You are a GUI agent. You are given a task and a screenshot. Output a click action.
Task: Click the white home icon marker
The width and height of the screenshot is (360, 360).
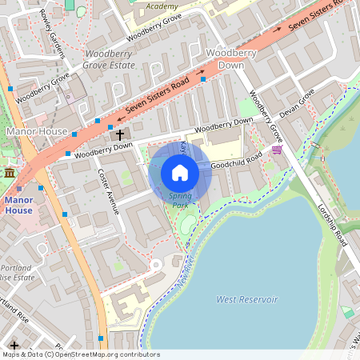click(x=180, y=173)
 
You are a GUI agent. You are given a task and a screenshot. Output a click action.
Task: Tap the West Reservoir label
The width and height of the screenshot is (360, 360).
click(x=247, y=299)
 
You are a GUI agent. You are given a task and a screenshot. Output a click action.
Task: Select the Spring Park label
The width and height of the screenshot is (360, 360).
click(x=181, y=199)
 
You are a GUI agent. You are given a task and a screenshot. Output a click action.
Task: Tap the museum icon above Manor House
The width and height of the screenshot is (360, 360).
click(x=10, y=173)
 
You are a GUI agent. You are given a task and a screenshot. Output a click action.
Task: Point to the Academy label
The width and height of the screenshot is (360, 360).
click(x=162, y=6)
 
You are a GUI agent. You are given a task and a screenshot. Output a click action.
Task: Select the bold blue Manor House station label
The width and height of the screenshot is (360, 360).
click(x=18, y=205)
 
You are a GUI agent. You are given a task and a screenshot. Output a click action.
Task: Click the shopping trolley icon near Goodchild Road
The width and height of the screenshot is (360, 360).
click(x=277, y=149)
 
